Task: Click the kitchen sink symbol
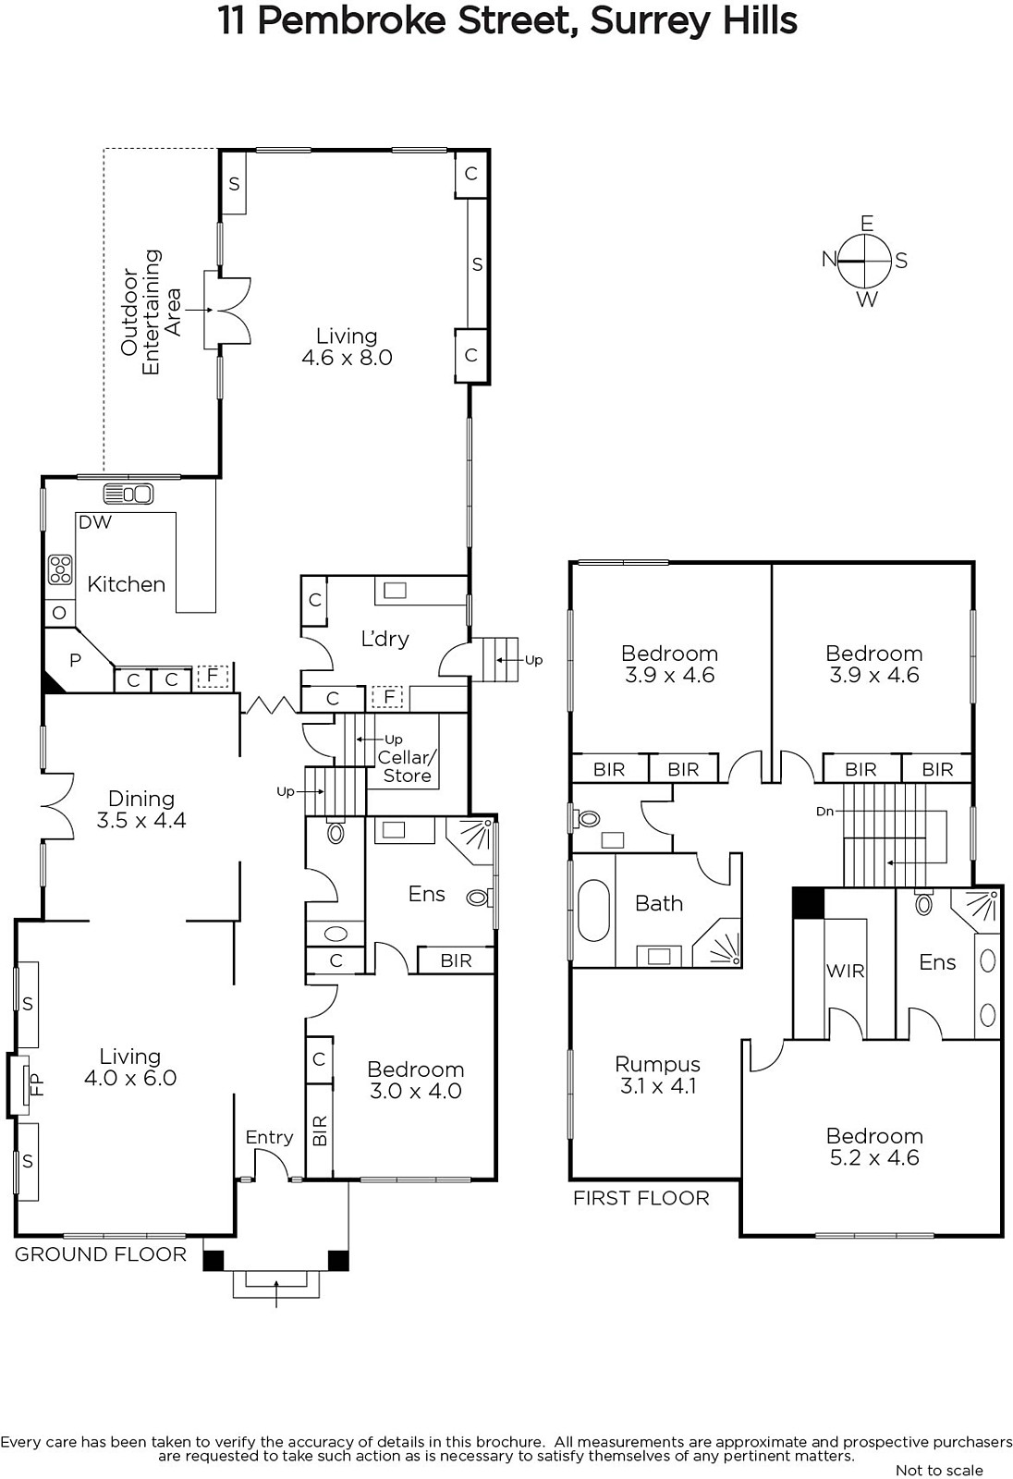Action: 128,494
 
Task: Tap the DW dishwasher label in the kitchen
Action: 95,522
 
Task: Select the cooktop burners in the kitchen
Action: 60,569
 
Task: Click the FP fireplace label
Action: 38,1085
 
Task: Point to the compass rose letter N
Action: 829,260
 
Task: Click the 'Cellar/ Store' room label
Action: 407,766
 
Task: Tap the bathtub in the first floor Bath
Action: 593,910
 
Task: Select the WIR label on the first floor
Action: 846,972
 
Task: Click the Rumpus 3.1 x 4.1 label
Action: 658,1075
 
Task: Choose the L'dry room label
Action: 384,639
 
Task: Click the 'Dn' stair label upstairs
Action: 824,812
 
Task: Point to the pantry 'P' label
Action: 75,660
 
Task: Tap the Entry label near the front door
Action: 270,1138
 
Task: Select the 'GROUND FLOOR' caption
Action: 101,1254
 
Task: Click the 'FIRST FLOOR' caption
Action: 641,1198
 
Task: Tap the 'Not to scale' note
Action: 939,1470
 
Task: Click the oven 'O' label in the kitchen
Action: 59,613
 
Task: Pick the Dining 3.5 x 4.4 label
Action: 141,810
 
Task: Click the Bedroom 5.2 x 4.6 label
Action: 874,1147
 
